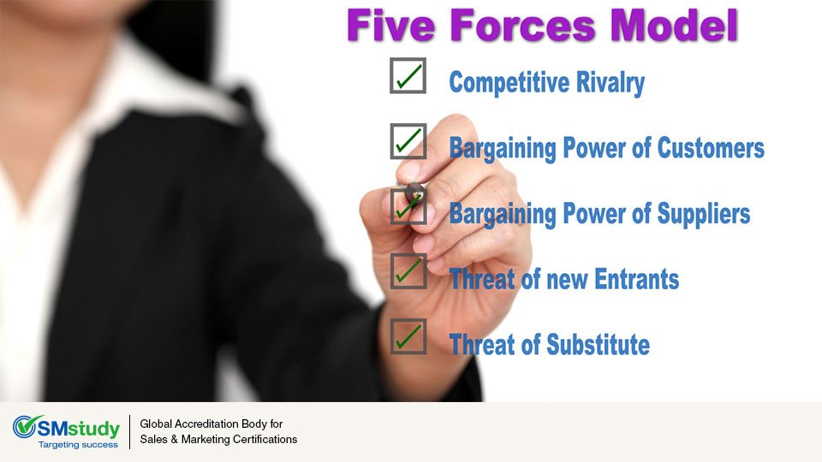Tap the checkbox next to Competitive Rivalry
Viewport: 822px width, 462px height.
click(408, 76)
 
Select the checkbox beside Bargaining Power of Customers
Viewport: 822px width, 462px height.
click(408, 141)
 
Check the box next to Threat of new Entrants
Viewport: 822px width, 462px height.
click(408, 271)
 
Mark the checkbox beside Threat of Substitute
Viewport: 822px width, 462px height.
click(408, 336)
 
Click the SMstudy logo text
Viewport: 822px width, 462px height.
click(80, 427)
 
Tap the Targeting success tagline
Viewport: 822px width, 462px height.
click(78, 445)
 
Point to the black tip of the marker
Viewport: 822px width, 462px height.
click(414, 192)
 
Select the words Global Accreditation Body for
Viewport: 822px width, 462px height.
click(211, 424)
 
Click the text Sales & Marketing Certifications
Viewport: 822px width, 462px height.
click(218, 440)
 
